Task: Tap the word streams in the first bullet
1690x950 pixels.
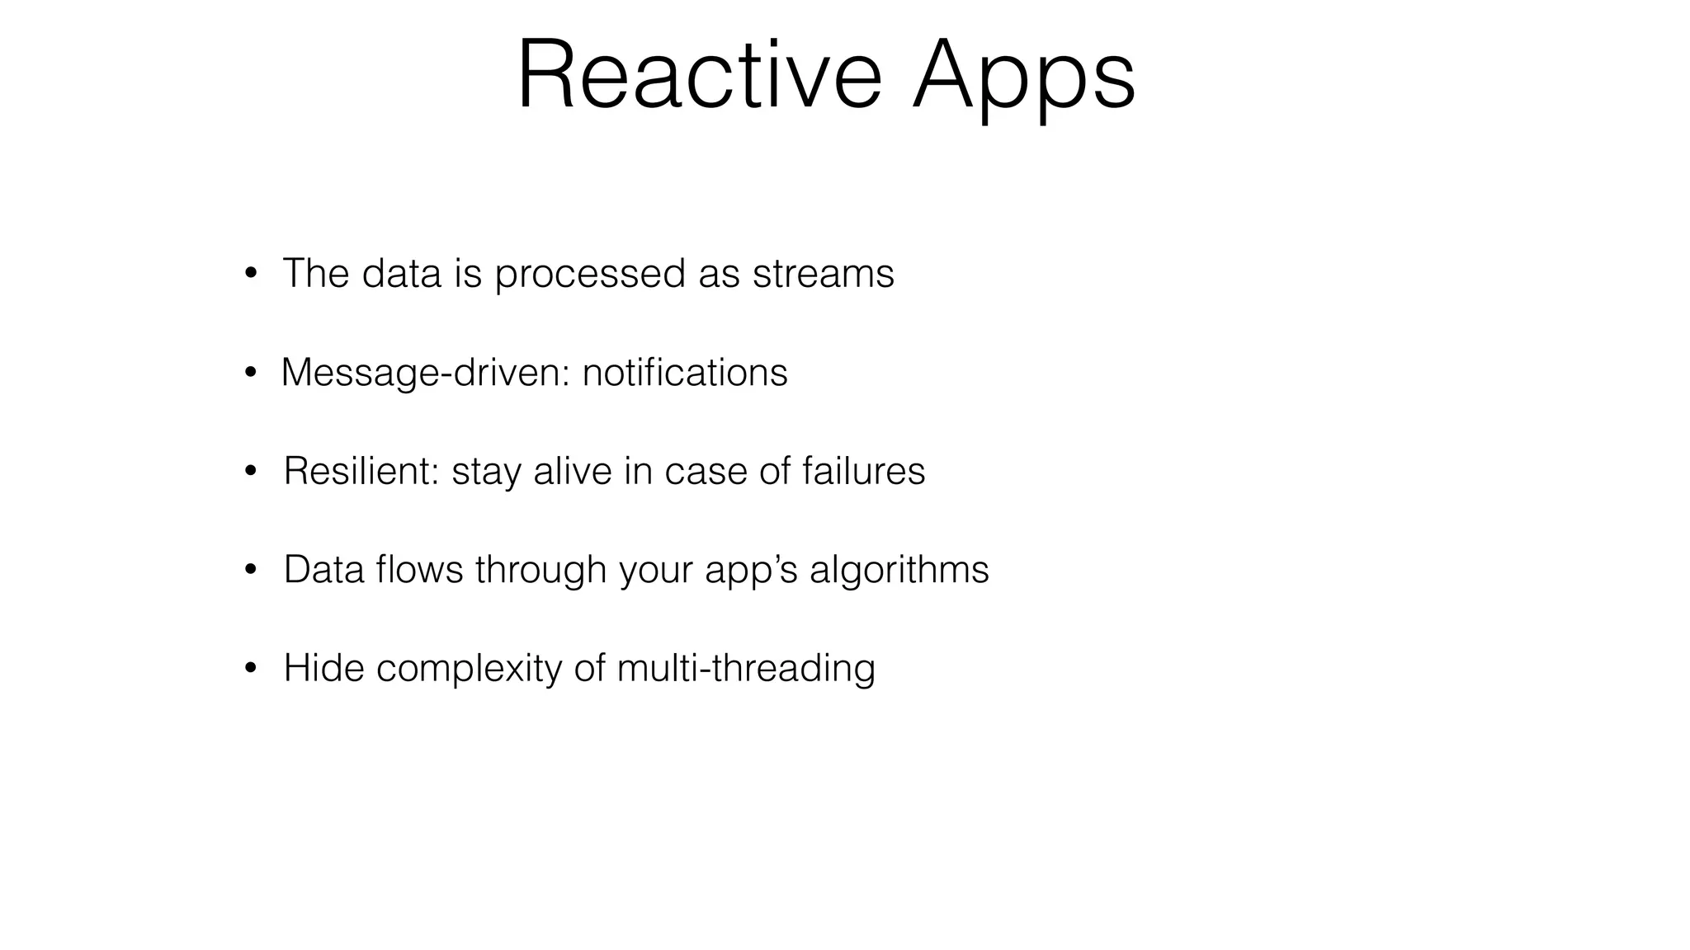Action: coord(823,273)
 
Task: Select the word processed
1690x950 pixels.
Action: coord(590,275)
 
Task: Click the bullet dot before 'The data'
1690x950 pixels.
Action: coord(251,275)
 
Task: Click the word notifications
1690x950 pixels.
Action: coord(685,372)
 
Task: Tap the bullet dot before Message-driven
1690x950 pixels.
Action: coord(251,374)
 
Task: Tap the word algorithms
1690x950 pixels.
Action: coord(899,571)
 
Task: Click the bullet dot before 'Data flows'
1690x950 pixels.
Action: coord(251,571)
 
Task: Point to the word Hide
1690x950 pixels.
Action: coord(323,667)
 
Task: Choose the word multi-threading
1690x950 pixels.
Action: coord(745,669)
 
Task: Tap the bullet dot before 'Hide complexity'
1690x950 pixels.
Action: coord(251,669)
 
